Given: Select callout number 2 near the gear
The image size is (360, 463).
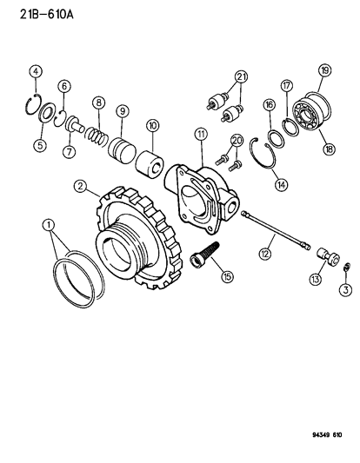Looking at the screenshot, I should coord(80,185).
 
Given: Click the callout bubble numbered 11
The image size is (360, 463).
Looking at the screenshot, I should coord(200,133).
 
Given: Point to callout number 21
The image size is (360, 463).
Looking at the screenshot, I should coord(241,78).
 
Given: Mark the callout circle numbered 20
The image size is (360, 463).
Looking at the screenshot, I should coord(237,140).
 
